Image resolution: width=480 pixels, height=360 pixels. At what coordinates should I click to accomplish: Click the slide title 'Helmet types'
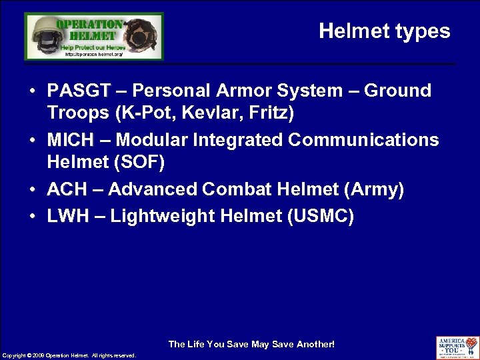384,31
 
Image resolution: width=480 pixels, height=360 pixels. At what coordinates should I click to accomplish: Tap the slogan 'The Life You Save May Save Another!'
251,344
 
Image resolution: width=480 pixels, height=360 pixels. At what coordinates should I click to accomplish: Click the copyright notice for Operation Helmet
69,355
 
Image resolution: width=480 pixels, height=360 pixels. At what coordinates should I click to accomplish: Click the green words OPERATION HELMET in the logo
89,29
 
